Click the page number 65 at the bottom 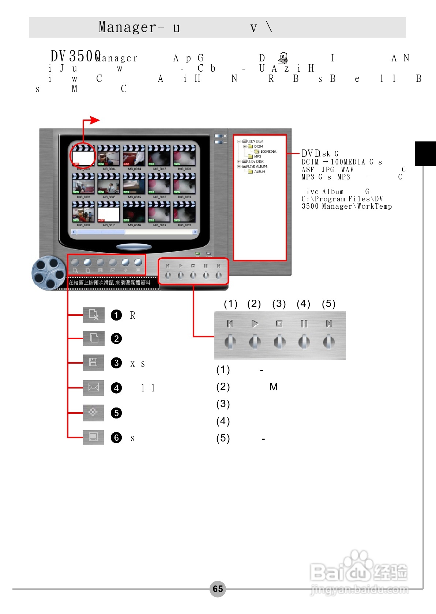coord(218,589)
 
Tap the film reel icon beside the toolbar coord(47,273)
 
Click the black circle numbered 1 coord(116,315)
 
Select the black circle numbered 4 coord(116,388)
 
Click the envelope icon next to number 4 coord(93,387)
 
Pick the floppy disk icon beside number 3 coord(93,363)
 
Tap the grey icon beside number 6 coord(93,437)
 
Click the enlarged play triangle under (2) coord(255,323)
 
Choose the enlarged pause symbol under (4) coord(304,323)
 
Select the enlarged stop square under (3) coord(279,323)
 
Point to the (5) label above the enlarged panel coord(328,304)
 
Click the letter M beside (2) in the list coord(274,387)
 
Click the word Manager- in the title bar coord(131,27)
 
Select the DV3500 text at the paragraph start coord(75,56)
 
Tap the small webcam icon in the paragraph coord(283,58)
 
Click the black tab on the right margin coord(425,153)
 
